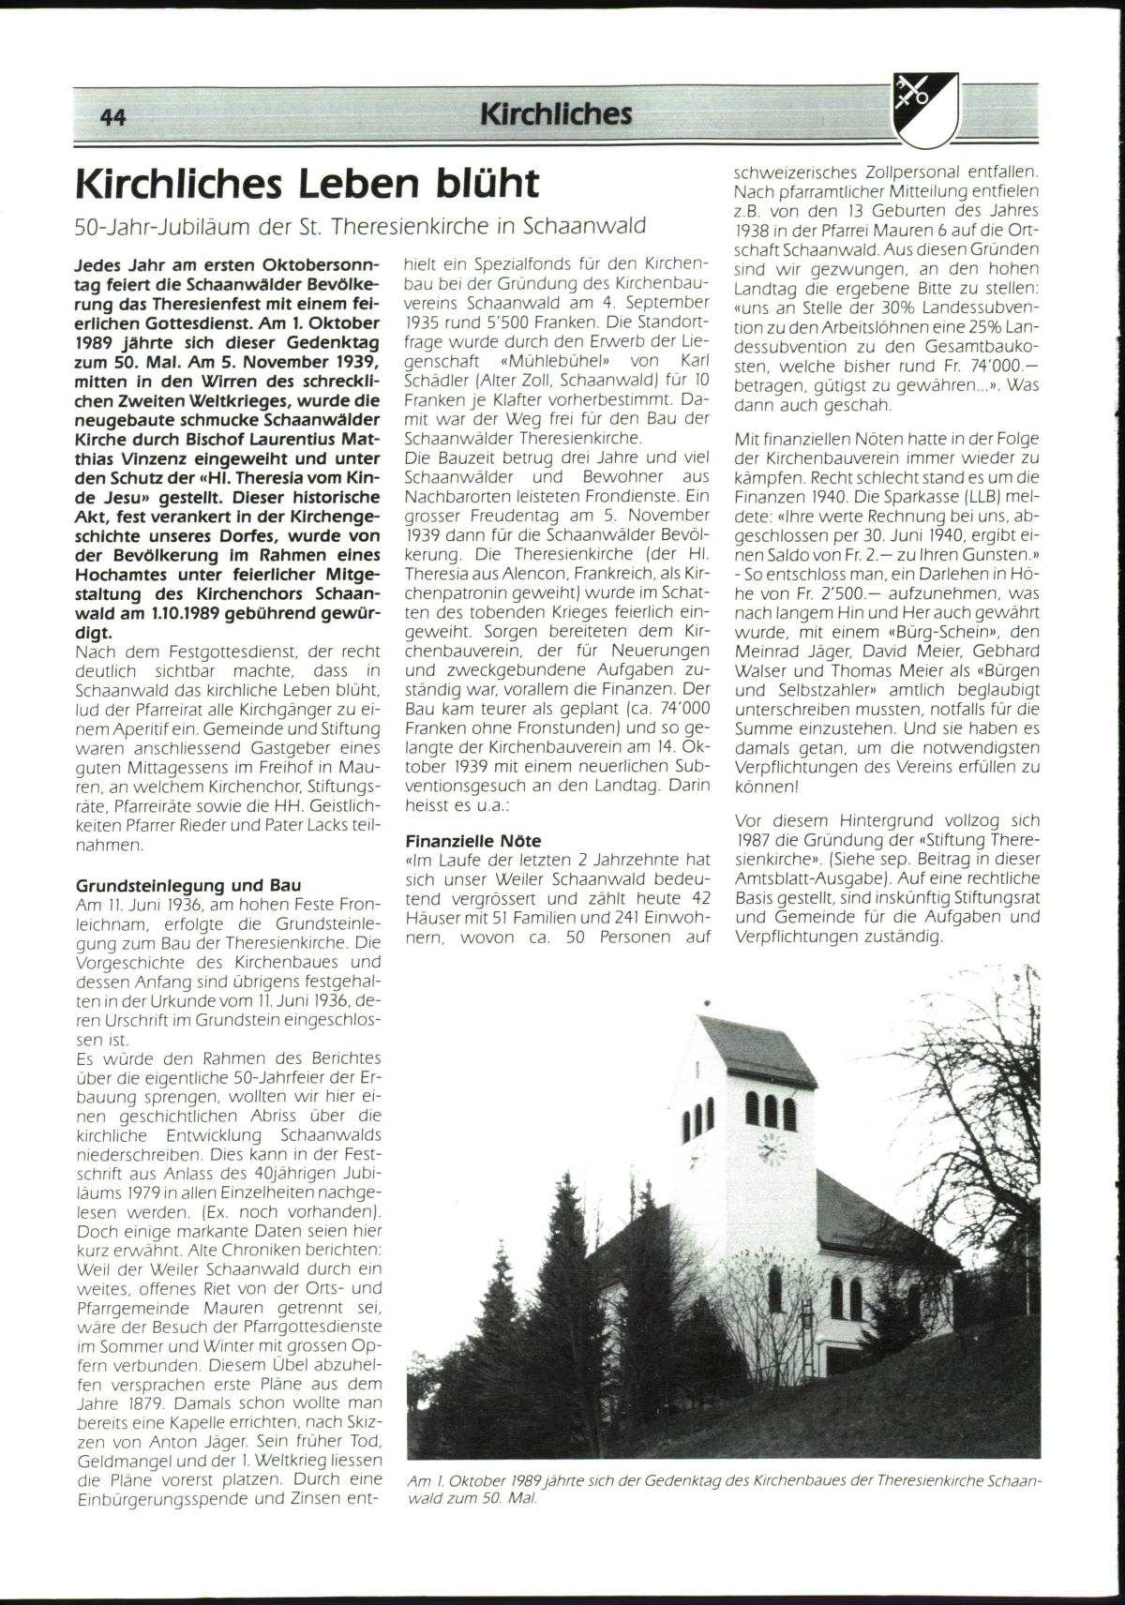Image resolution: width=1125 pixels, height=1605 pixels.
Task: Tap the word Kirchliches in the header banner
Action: point(556,114)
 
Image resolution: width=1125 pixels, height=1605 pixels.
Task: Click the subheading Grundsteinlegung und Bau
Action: point(188,885)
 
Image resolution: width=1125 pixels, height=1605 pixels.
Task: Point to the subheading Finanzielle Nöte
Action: point(473,841)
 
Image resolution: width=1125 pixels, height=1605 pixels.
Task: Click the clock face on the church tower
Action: point(772,1147)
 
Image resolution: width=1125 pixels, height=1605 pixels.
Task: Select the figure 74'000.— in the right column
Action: point(997,367)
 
